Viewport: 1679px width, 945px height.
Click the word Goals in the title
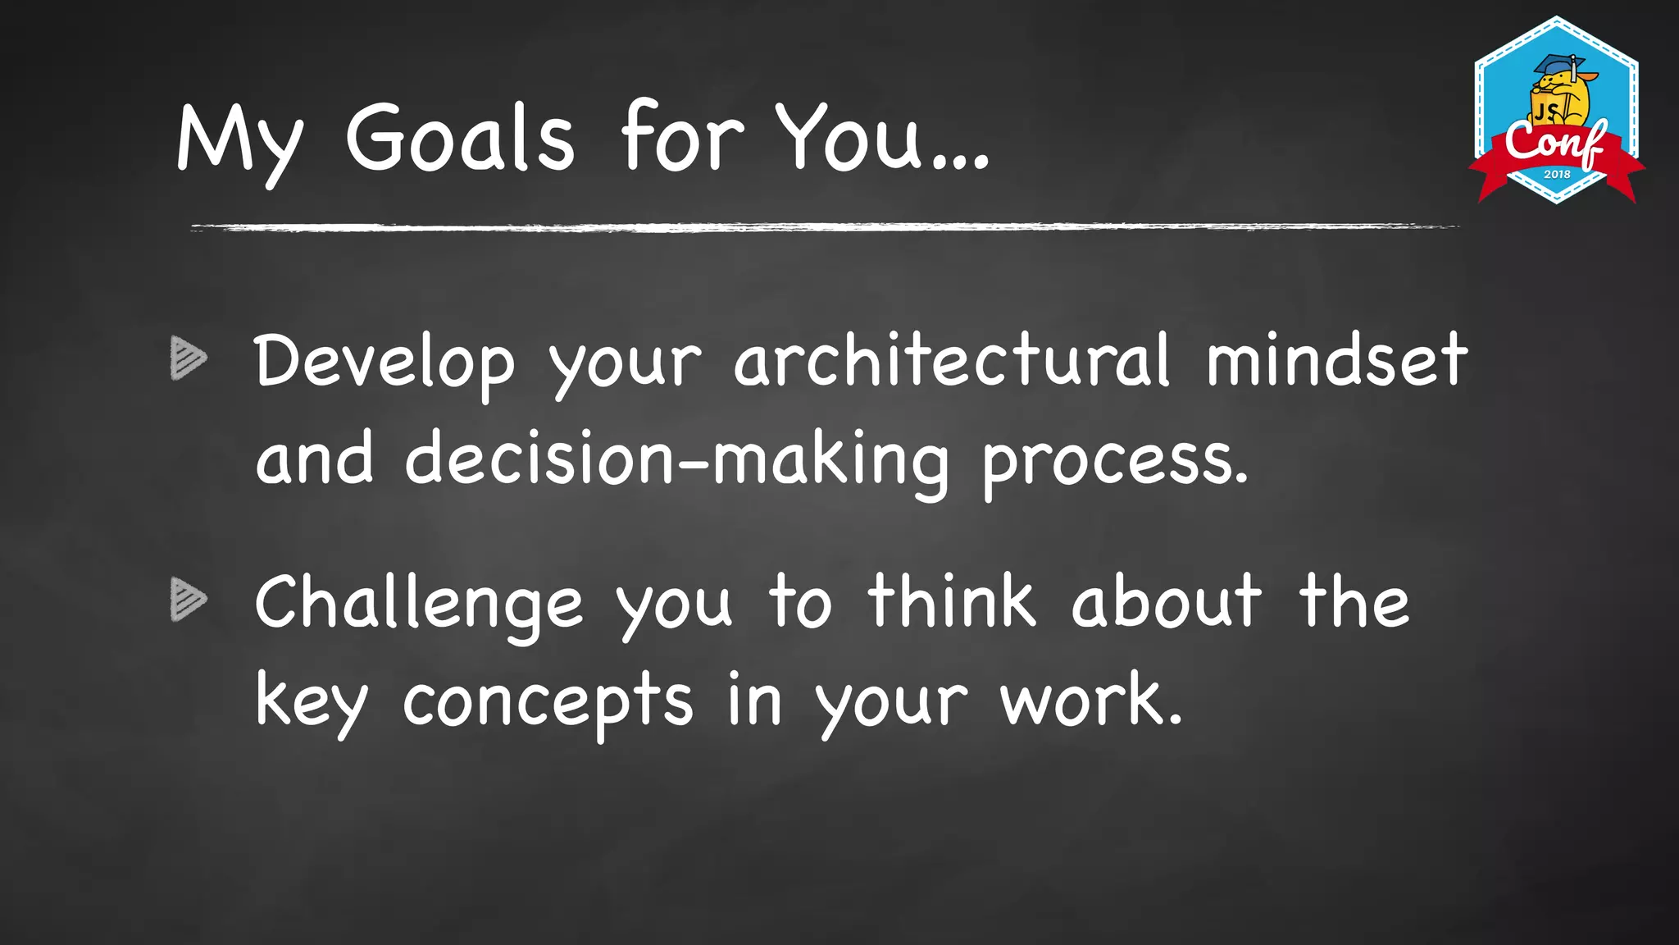[x=460, y=138]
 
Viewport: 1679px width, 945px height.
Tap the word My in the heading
[x=239, y=141]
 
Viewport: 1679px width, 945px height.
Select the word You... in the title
[x=882, y=138]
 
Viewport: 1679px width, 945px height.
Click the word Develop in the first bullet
[x=384, y=363]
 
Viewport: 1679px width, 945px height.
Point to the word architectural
[x=951, y=361]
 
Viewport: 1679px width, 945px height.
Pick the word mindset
[x=1336, y=361]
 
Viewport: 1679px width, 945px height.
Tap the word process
[x=1115, y=461]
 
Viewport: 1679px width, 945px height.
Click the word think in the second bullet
[x=952, y=602]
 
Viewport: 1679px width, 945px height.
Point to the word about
[x=1166, y=602]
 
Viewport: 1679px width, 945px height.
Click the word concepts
[x=548, y=702]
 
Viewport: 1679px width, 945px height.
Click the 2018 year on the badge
[x=1557, y=174]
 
